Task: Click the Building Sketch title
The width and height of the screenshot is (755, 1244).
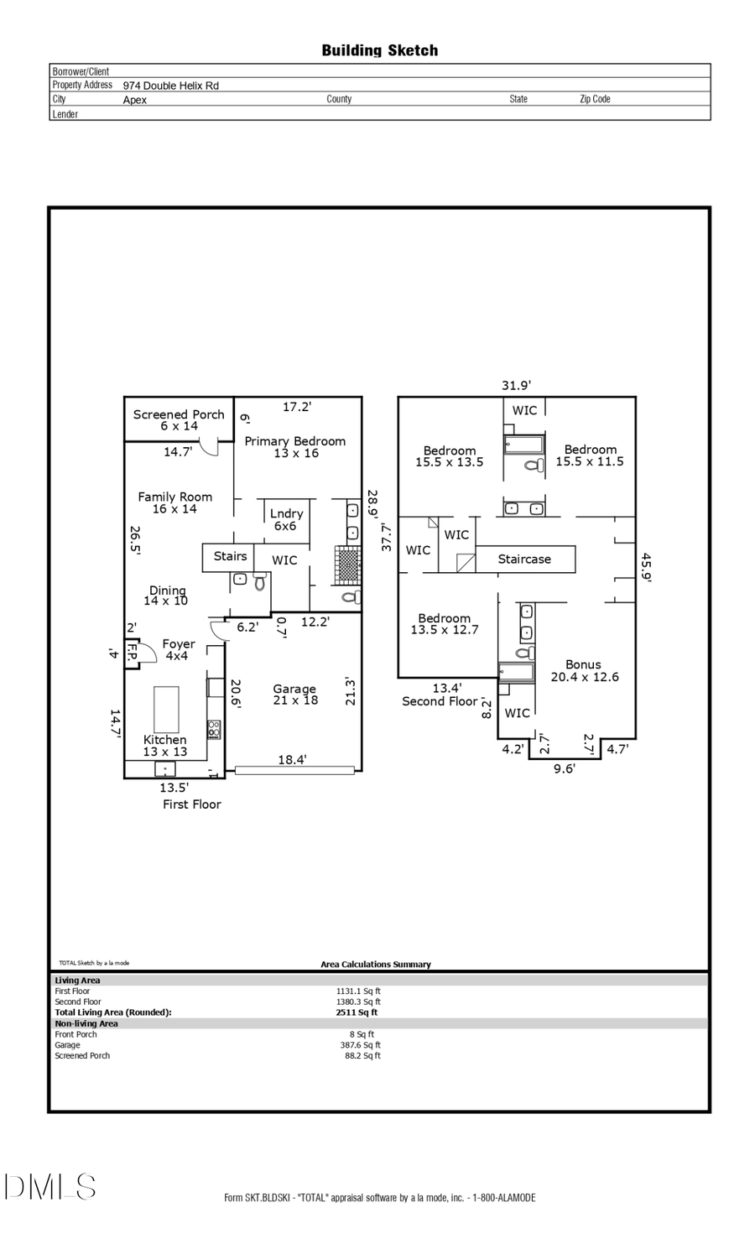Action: [379, 50]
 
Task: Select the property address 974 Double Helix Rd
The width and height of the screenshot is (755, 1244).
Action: [170, 86]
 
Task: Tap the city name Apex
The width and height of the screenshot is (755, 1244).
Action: [134, 100]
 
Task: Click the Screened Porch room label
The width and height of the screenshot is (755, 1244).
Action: [179, 420]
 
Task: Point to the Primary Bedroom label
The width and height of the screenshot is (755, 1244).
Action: [295, 447]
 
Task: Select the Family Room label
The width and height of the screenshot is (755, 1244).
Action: [174, 502]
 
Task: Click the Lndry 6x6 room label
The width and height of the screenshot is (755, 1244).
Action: [286, 519]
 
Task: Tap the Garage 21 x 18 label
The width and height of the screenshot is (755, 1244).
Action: [294, 695]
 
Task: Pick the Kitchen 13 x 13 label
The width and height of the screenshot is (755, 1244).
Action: [164, 746]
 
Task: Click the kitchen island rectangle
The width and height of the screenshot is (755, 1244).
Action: [166, 710]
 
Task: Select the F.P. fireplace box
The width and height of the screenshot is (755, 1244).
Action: [132, 653]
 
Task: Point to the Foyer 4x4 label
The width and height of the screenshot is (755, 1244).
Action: [178, 650]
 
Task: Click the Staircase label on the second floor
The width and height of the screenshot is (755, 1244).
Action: [524, 560]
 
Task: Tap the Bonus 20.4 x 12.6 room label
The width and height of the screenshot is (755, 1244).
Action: [584, 671]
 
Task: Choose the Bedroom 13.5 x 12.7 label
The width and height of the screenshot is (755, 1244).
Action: [444, 624]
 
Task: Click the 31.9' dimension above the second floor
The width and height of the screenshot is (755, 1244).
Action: [516, 386]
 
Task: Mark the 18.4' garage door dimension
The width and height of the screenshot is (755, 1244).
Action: [292, 760]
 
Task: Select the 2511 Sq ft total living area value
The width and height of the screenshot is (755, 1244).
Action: [357, 1012]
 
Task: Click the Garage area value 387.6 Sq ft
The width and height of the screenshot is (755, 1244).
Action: [360, 1045]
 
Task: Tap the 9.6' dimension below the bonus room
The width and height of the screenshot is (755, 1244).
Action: [565, 768]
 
